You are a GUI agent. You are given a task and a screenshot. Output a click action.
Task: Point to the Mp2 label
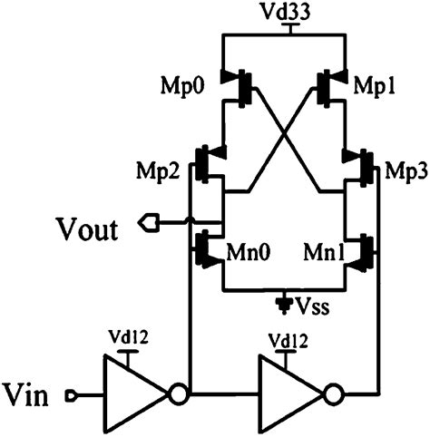164,171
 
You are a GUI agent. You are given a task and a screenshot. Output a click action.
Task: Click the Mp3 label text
400,171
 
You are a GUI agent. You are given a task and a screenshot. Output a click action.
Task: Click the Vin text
30,395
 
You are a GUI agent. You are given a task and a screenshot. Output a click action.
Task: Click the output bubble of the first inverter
178,394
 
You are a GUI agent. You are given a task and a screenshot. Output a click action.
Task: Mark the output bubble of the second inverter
335,394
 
